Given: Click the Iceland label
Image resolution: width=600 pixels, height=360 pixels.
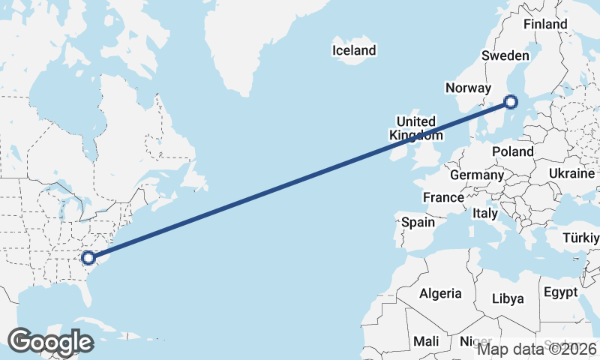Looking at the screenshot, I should click(x=354, y=51).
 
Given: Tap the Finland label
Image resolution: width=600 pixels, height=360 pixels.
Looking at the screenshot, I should click(x=545, y=24).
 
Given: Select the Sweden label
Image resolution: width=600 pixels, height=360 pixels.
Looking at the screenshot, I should click(x=505, y=55).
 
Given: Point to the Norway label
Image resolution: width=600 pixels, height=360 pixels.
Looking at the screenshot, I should click(x=468, y=88).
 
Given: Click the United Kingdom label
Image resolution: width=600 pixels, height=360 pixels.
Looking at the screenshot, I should click(x=415, y=128).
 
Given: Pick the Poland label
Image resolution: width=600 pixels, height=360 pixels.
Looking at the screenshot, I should click(x=512, y=151).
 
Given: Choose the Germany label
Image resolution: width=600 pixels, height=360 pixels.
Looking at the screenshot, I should click(x=477, y=175).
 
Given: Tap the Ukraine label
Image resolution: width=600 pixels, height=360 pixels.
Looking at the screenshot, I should click(x=571, y=173).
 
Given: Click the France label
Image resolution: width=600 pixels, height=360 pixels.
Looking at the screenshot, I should click(x=442, y=198).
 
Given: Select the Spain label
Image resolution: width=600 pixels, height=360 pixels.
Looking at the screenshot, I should click(x=418, y=222).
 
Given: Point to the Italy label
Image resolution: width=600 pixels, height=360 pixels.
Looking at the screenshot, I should click(x=484, y=214).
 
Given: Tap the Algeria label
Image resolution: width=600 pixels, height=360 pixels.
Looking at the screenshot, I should click(x=440, y=293).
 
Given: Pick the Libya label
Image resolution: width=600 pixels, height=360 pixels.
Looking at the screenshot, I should click(x=508, y=298).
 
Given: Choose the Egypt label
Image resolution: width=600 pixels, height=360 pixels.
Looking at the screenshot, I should click(x=560, y=292).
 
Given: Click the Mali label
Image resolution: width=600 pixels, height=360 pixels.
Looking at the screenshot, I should click(x=426, y=341).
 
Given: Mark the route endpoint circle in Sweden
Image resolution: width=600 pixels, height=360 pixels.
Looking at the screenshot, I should click(x=511, y=102).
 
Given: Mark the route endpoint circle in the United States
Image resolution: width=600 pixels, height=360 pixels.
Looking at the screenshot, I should click(x=88, y=257).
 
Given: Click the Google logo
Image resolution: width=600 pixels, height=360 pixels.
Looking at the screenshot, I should click(x=50, y=342).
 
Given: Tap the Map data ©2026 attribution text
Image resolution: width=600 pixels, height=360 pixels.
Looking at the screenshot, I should click(x=538, y=349).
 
